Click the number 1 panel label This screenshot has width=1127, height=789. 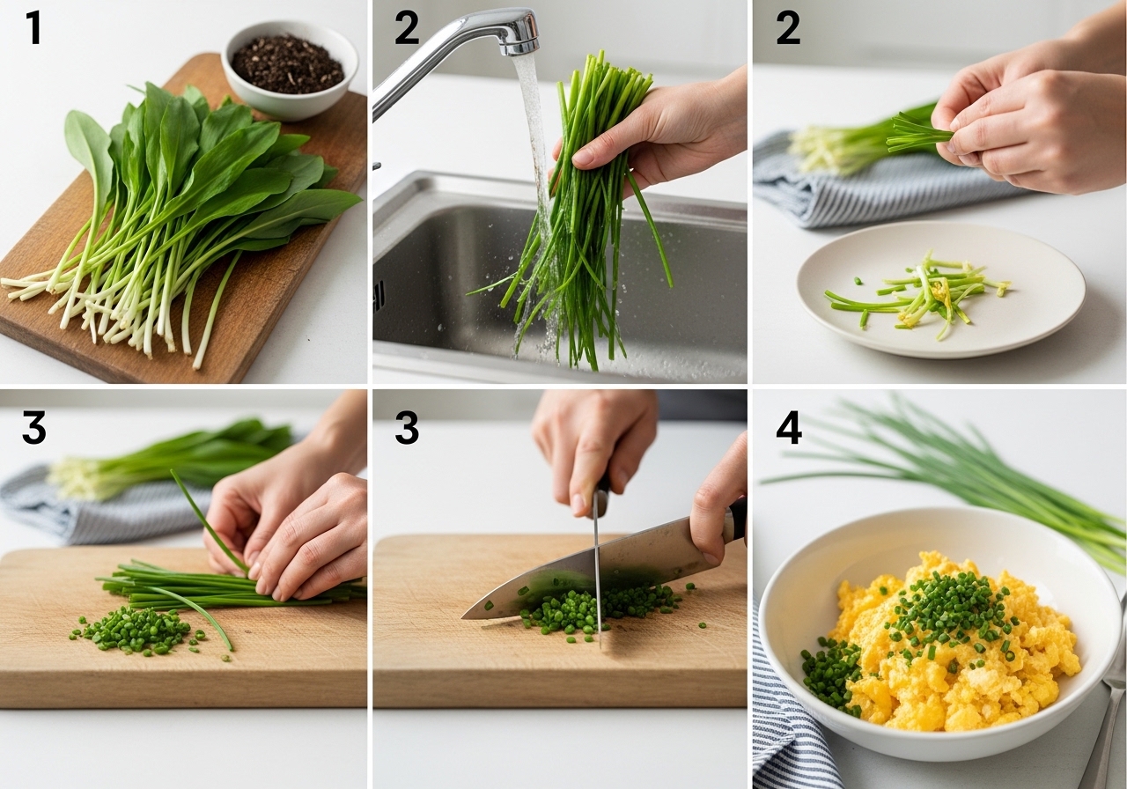[33, 28]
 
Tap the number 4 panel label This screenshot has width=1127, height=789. [788, 427]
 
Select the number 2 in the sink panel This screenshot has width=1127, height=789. [407, 28]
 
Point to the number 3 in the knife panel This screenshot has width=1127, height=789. [407, 427]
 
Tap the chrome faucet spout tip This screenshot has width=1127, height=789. [519, 48]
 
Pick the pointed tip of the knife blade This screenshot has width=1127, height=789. [463, 617]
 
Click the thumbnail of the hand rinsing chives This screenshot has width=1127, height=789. [584, 159]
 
